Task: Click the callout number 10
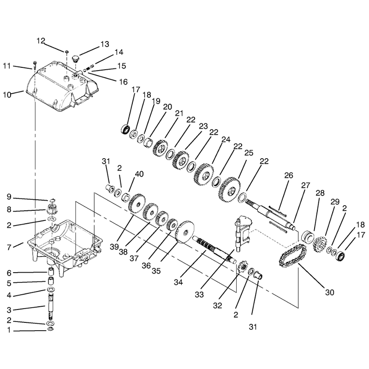[7, 95]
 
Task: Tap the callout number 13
[105, 44]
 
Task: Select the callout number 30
[329, 292]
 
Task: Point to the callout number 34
[178, 282]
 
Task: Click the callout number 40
[139, 174]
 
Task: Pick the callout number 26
[289, 175]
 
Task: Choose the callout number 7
[9, 247]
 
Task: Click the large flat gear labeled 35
[186, 232]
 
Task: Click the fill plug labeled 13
[75, 59]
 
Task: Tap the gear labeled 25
[229, 190]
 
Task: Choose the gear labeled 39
[137, 203]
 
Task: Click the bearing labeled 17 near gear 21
[125, 130]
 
